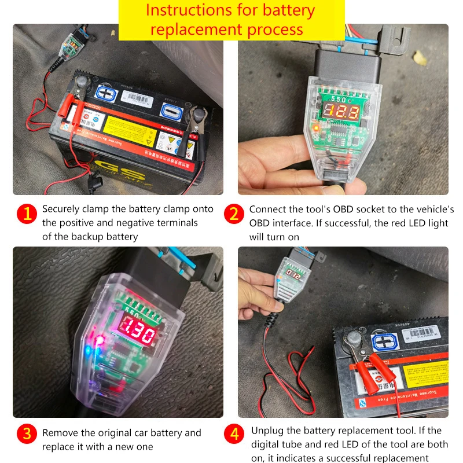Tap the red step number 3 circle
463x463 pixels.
[x=26, y=433]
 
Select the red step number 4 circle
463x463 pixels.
[x=233, y=433]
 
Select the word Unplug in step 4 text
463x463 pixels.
[x=269, y=431]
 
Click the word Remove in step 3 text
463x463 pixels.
[x=60, y=433]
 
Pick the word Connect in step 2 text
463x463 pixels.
[x=268, y=209]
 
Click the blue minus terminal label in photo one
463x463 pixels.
[x=170, y=110]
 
